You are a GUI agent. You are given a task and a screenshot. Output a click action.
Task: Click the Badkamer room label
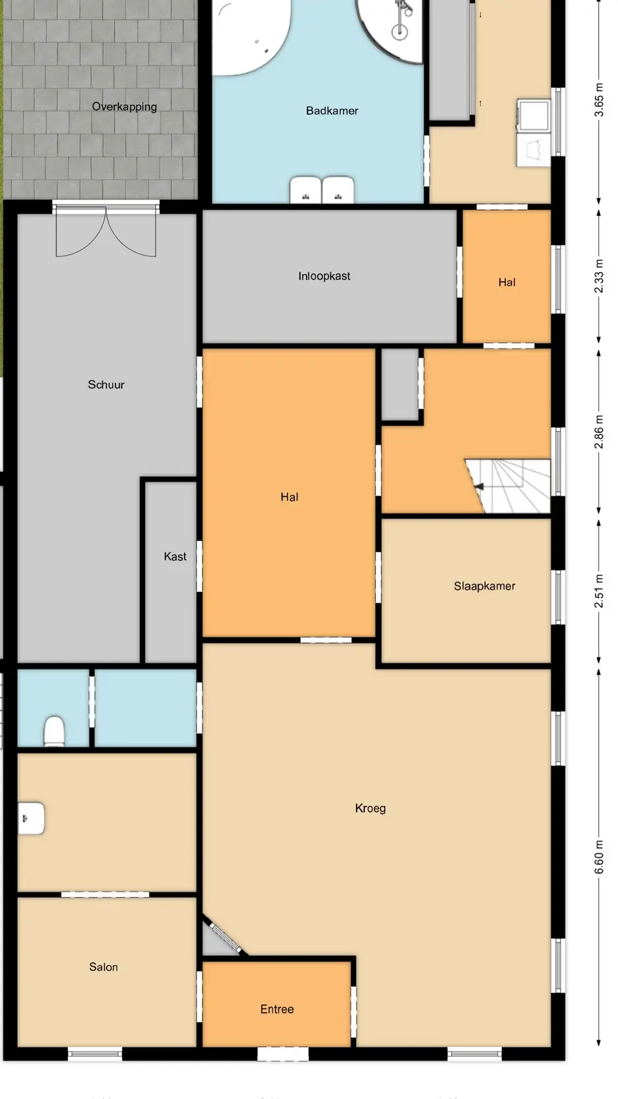(x=332, y=111)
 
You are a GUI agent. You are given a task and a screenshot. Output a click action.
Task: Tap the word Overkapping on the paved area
(x=125, y=107)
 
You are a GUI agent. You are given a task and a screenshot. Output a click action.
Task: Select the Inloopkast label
(x=324, y=276)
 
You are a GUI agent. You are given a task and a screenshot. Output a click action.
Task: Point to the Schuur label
(x=106, y=385)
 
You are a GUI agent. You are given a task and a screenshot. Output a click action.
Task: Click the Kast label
(x=175, y=556)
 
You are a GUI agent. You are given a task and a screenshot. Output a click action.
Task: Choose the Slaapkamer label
(x=484, y=586)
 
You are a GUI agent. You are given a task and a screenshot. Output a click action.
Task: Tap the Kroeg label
(x=370, y=808)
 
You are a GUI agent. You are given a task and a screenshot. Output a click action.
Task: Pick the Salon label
(x=104, y=967)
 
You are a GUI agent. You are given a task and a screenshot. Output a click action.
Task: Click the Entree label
(x=277, y=1009)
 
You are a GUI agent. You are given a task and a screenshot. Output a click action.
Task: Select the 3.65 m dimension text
(x=599, y=100)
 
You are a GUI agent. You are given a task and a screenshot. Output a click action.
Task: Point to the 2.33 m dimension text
(x=599, y=276)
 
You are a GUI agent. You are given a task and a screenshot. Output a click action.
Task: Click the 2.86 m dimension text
(x=599, y=432)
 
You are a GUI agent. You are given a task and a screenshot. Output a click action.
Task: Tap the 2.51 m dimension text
(x=599, y=591)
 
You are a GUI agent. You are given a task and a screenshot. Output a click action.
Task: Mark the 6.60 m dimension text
(x=599, y=857)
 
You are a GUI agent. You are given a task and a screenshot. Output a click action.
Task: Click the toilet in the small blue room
(x=54, y=731)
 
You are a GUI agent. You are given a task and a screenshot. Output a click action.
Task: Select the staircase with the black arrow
(x=508, y=486)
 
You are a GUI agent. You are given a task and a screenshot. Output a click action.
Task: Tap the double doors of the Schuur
(x=106, y=230)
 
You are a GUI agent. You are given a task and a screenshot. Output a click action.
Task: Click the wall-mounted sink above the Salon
(x=31, y=818)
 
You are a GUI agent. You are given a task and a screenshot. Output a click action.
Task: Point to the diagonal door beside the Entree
(x=223, y=936)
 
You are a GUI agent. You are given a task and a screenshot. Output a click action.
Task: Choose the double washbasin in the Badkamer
(x=321, y=190)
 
